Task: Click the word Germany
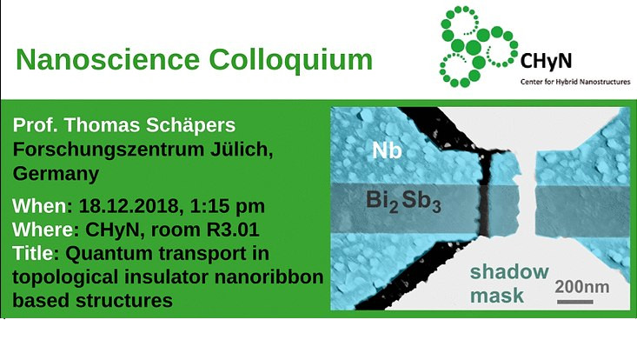click(x=55, y=174)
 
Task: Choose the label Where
click(x=43, y=230)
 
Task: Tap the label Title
click(x=33, y=254)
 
